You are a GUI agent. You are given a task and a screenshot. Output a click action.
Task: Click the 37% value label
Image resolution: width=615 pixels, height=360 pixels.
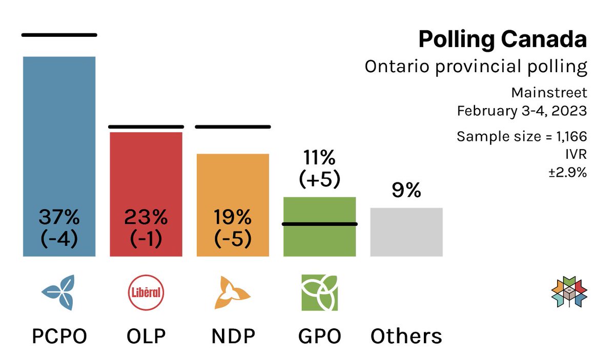[59, 218]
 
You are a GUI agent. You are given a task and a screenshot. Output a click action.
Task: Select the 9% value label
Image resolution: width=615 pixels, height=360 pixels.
[406, 190]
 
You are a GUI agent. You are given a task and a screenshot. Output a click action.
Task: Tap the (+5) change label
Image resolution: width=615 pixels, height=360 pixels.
[319, 179]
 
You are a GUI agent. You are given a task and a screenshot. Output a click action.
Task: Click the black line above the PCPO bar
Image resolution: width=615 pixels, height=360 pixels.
[59, 35]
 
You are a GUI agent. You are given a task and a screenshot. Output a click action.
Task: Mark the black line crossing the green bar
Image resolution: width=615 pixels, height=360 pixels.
[319, 224]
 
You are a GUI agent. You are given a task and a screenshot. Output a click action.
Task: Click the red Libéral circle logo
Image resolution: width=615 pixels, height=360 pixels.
[146, 293]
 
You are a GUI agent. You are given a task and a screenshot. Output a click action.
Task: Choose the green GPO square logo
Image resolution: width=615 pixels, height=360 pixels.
[319, 293]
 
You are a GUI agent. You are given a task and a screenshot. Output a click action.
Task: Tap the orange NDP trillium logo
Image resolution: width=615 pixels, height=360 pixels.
[233, 293]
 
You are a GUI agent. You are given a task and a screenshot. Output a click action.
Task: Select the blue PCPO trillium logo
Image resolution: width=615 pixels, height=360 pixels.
[59, 293]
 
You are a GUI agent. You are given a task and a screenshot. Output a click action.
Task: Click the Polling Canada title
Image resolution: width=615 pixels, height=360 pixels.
[502, 40]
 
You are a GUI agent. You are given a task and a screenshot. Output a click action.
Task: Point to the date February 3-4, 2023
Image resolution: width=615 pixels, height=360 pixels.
[522, 111]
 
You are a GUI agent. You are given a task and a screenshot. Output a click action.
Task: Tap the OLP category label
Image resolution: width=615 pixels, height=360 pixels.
[146, 336]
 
